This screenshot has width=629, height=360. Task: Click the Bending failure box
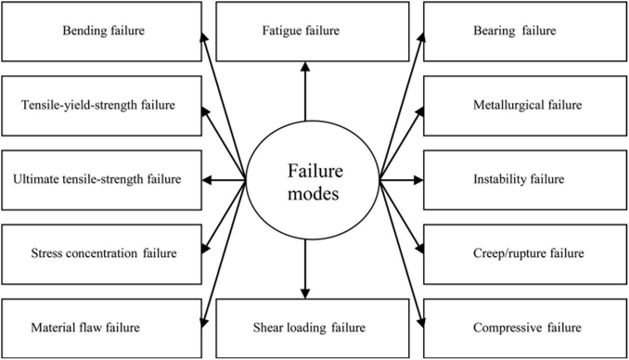click(101, 32)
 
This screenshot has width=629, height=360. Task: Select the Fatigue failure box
click(313, 32)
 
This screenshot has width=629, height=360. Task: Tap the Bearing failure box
click(525, 32)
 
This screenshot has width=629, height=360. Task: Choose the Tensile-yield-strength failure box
click(101, 106)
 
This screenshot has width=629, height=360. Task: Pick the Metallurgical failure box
click(525, 106)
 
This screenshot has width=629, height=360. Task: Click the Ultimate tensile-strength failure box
click(101, 180)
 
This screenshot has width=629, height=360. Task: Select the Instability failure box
click(525, 180)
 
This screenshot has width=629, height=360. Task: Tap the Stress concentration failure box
click(101, 254)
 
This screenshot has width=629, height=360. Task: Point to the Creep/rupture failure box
click(525, 254)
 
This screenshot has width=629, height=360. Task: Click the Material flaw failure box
click(101, 328)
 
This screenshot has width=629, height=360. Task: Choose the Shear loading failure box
click(313, 328)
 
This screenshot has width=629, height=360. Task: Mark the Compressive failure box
click(525, 328)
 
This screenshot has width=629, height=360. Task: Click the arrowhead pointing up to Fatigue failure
click(305, 67)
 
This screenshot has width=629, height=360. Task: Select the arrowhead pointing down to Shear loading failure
click(305, 293)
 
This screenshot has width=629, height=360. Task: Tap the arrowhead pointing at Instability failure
click(418, 180)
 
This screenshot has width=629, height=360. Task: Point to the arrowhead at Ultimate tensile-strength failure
click(207, 180)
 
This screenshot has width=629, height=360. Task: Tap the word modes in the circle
click(314, 194)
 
